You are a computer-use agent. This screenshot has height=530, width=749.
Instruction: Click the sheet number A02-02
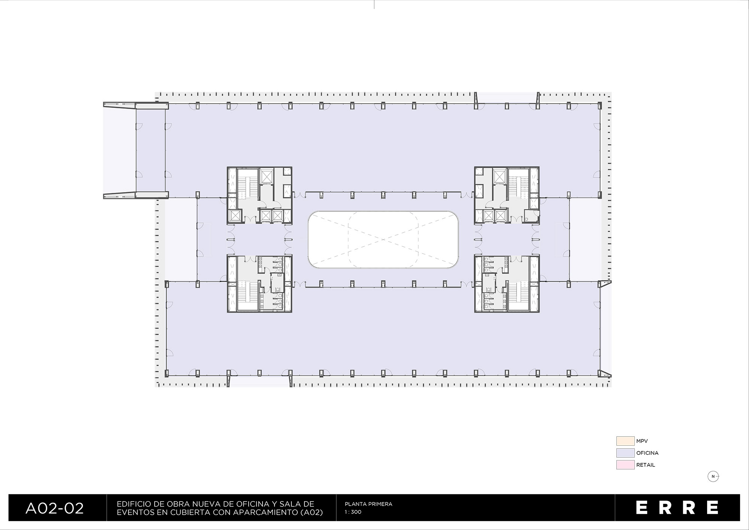click(x=55, y=508)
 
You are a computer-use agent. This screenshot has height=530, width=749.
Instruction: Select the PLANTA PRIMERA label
click(x=369, y=504)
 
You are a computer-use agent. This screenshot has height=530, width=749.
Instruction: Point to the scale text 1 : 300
click(x=353, y=512)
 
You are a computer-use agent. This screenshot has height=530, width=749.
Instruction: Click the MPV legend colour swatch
click(x=625, y=441)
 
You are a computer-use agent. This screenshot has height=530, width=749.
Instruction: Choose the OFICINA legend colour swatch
click(x=625, y=453)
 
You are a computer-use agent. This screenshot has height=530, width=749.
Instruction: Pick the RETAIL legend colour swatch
click(x=625, y=465)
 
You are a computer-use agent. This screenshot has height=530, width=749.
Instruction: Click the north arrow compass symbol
click(x=713, y=476)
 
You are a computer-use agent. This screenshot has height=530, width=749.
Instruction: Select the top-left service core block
click(x=260, y=196)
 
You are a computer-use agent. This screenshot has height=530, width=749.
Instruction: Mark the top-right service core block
click(x=507, y=196)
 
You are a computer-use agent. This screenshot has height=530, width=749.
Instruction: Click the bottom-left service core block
click(x=260, y=284)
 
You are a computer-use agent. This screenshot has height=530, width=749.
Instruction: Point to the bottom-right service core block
click(x=507, y=284)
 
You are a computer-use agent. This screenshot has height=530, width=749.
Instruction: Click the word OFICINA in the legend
click(x=647, y=453)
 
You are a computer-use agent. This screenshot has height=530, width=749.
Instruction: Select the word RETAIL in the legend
click(x=646, y=465)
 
